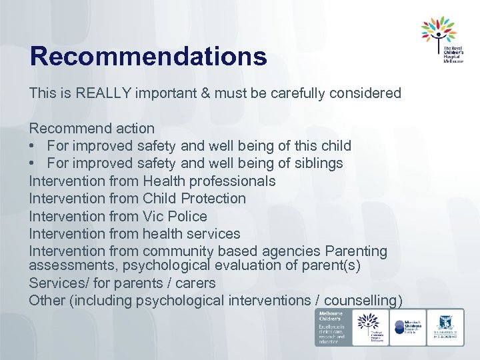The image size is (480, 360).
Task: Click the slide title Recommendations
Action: coord(148,57)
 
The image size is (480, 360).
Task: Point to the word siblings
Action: coord(318,163)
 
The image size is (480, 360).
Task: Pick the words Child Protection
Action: coord(194,199)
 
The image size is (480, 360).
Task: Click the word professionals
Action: coord(232,181)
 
